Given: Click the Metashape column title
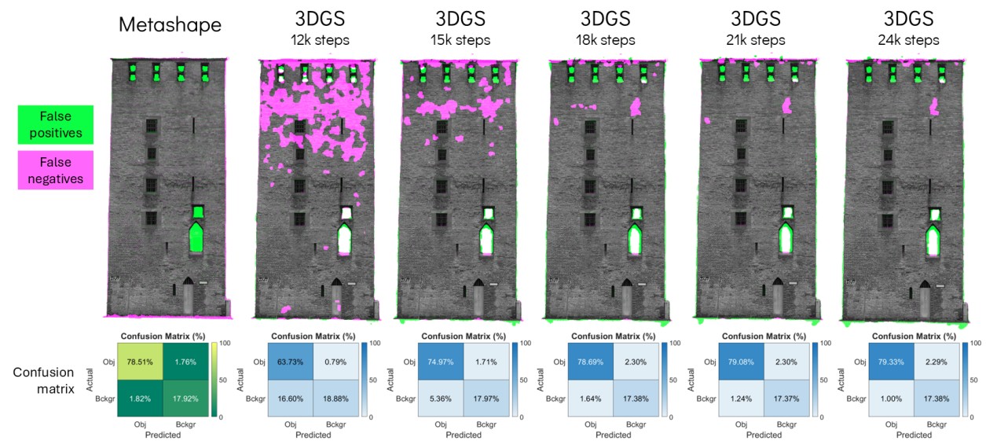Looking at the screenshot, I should pyautogui.click(x=170, y=24).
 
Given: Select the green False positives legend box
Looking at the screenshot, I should pyautogui.click(x=56, y=125).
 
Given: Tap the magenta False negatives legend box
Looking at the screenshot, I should pyautogui.click(x=56, y=170).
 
